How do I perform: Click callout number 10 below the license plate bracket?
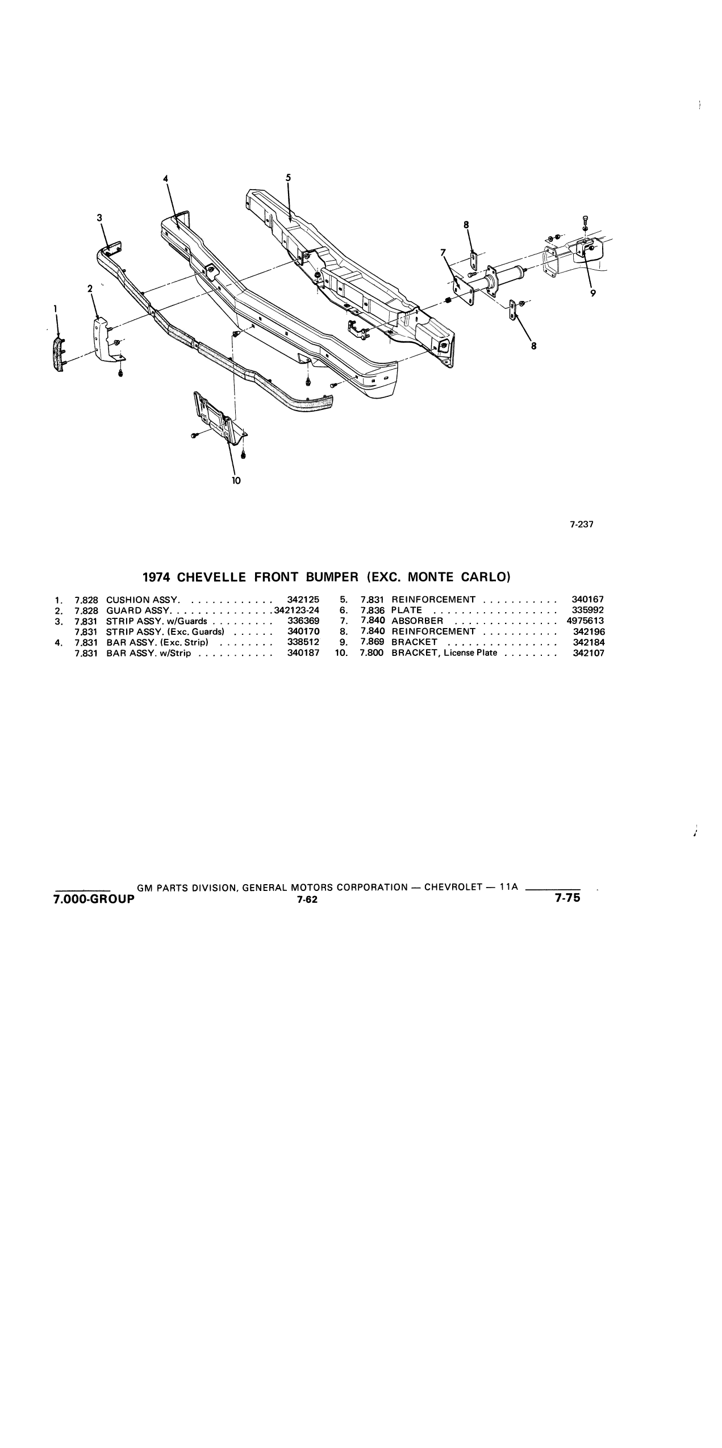tap(236, 480)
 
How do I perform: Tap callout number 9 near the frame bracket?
tap(593, 294)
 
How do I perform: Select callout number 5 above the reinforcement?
tap(288, 177)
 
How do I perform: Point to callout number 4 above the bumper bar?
tap(166, 178)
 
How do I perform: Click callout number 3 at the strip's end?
tap(99, 217)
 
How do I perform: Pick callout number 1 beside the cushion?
tap(55, 308)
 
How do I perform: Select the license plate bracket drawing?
tap(219, 418)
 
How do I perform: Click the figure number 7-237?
tap(582, 524)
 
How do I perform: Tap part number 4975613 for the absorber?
tap(585, 621)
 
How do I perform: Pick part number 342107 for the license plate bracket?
tap(589, 653)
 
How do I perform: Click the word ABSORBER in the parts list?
tap(417, 621)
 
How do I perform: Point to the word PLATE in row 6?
tap(407, 610)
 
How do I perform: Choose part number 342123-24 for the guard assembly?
tap(297, 610)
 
